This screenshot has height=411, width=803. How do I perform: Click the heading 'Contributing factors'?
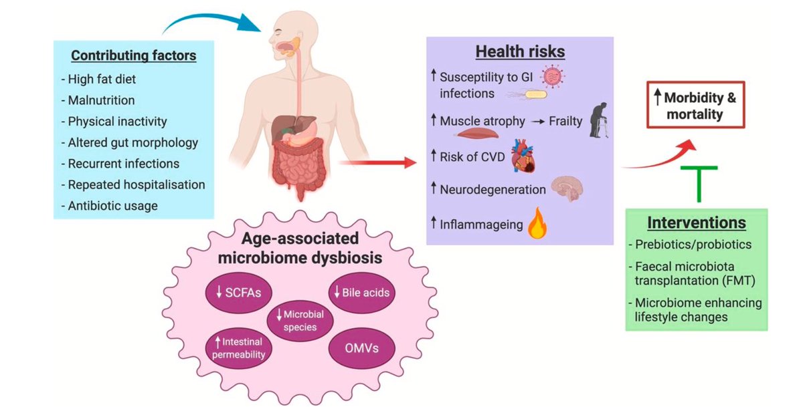tap(134, 55)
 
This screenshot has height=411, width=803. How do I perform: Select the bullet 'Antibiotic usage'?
tap(112, 205)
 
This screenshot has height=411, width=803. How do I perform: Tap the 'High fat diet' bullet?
tap(102, 80)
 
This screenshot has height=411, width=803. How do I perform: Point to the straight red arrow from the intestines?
tap(378, 162)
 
